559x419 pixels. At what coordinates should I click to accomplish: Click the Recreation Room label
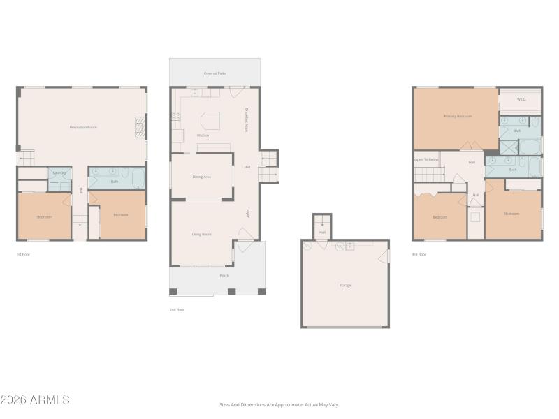point(82,127)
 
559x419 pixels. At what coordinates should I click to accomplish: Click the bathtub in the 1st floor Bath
point(138,179)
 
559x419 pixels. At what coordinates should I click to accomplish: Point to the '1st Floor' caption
point(23,254)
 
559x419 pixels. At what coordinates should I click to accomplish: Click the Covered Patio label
point(215,73)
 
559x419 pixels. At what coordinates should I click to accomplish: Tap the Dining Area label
point(202,177)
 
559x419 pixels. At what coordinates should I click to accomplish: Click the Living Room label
point(202,234)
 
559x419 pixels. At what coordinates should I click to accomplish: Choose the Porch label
point(224,276)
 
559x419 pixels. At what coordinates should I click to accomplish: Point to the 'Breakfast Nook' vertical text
point(247,119)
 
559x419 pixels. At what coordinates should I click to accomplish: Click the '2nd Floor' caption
point(177,309)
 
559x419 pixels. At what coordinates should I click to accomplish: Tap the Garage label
point(345,285)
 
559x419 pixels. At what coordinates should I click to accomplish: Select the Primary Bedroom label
point(458,116)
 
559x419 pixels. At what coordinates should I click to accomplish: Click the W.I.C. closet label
point(521,99)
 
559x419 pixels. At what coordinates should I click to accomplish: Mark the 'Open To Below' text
point(426,159)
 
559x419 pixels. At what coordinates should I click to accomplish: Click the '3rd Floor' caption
point(419,254)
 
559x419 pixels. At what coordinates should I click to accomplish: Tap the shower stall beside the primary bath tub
point(509,147)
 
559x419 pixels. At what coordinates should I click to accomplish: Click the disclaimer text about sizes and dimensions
point(279,404)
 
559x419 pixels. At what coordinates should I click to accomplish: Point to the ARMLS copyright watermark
point(35,400)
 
